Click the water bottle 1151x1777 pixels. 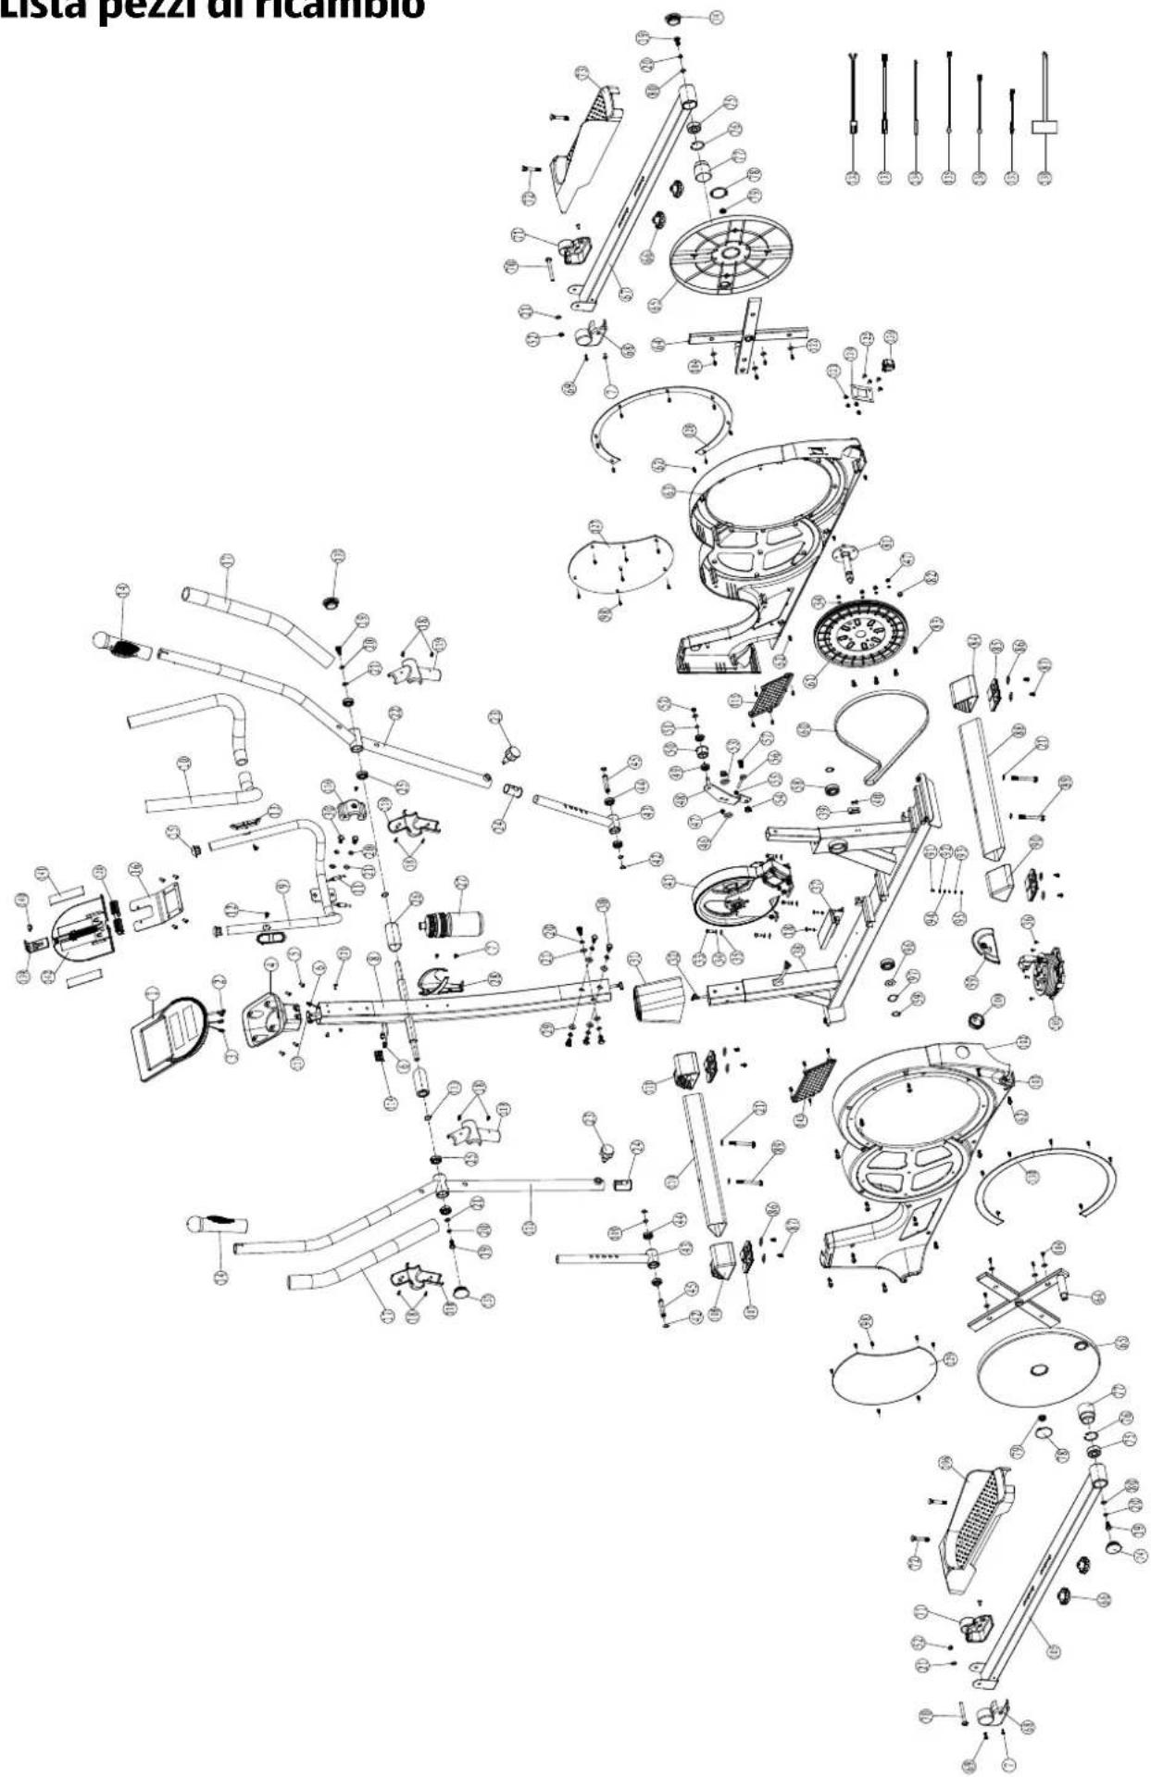pyautogui.click(x=454, y=924)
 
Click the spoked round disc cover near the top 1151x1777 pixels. pyautogui.click(x=732, y=250)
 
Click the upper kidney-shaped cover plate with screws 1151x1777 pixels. pyautogui.click(x=619, y=565)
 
